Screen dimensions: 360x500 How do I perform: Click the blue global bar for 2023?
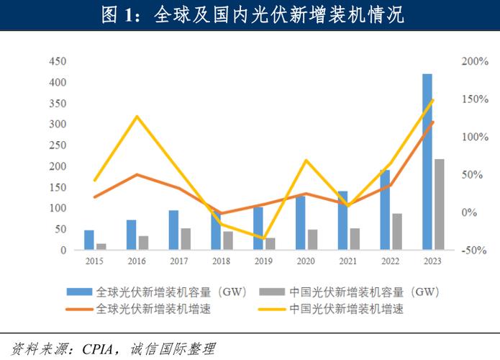click(427, 162)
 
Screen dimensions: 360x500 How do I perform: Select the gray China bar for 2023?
click(439, 204)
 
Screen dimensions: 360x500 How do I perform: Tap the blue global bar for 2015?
click(89, 240)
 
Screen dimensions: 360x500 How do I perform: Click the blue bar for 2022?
click(385, 210)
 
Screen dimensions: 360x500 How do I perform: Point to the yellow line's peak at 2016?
click(137, 116)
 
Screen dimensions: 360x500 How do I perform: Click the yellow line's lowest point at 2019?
click(263, 238)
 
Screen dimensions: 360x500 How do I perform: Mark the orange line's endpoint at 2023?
click(433, 122)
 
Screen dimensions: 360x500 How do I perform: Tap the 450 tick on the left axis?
click(58, 62)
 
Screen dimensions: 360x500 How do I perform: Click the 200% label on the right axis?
click(475, 62)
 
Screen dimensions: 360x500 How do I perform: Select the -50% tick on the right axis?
click(475, 250)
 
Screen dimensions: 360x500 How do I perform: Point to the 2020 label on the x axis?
click(306, 262)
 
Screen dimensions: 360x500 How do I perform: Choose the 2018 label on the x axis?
click(222, 262)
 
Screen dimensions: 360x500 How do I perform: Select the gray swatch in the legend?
click(274, 292)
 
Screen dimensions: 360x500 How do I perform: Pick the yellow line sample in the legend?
click(274, 309)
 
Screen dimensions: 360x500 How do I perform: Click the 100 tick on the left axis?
click(58, 208)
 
